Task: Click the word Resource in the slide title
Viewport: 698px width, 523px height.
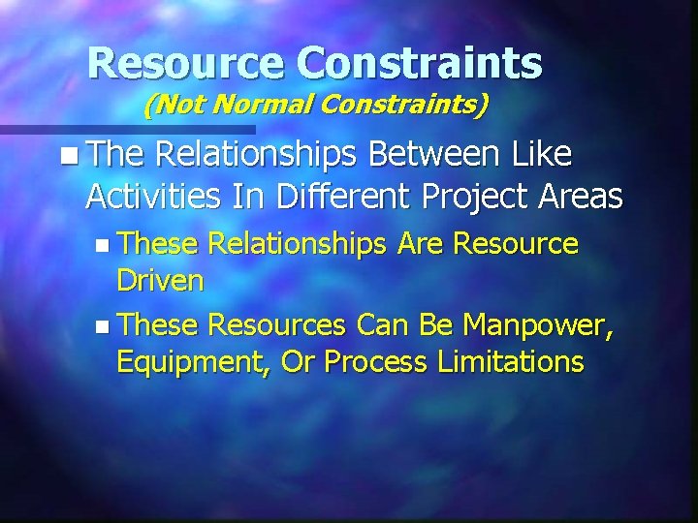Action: (185, 63)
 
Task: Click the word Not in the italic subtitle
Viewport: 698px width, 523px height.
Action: (175, 104)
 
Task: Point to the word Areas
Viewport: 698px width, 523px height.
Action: (581, 197)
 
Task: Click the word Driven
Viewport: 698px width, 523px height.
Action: (160, 282)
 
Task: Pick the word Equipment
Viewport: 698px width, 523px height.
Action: (195, 363)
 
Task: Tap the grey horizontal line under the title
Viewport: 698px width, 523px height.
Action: (126, 128)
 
